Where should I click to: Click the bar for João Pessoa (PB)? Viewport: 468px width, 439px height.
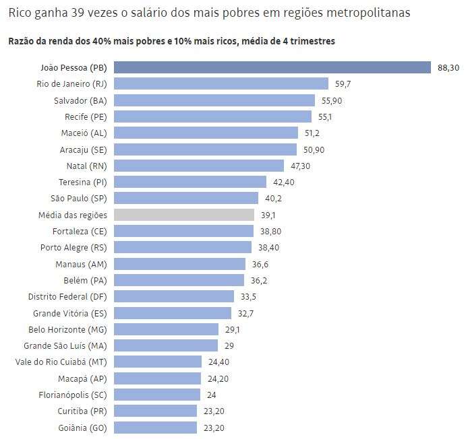tap(272, 67)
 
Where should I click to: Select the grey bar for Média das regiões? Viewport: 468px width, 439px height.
tap(183, 215)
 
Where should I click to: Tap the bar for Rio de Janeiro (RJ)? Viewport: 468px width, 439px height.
tap(221, 83)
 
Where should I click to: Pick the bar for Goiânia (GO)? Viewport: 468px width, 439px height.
tap(155, 428)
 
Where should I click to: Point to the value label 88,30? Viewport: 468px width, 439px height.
tap(448, 67)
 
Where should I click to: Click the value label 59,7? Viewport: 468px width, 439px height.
tap(343, 84)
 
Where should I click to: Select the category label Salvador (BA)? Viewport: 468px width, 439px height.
tap(80, 100)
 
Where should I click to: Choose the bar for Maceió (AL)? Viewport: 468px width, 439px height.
tap(206, 133)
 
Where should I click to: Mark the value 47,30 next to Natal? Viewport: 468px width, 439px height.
tap(301, 166)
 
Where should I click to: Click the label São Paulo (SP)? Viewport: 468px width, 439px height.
tap(78, 199)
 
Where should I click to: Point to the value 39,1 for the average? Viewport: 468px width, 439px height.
tap(268, 215)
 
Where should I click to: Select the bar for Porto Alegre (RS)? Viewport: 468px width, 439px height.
tap(183, 248)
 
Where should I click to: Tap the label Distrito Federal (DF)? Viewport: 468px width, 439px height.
tap(67, 297)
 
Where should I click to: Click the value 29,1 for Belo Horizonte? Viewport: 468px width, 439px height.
tap(233, 330)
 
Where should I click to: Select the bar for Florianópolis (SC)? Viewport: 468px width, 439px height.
tap(157, 395)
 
